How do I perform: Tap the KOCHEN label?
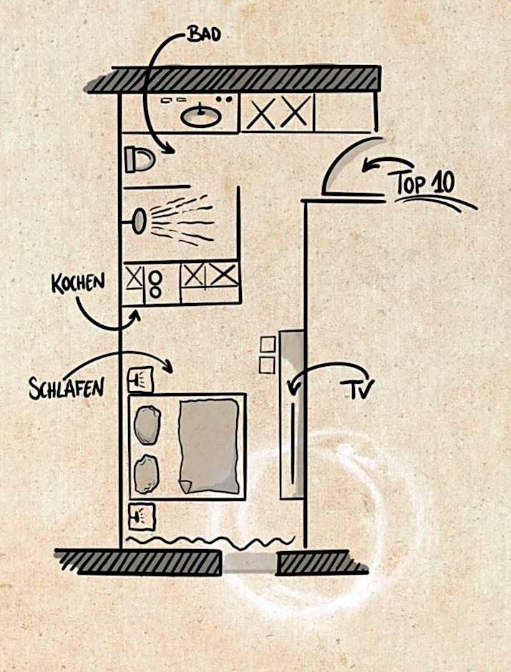point(78,283)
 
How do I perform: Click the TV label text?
point(356,389)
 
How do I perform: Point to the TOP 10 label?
point(425,184)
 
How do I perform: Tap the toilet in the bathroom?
point(139,159)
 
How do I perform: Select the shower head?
point(138,219)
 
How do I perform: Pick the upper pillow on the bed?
point(147,425)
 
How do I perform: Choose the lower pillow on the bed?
point(146,473)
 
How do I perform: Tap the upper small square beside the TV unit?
point(268,345)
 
